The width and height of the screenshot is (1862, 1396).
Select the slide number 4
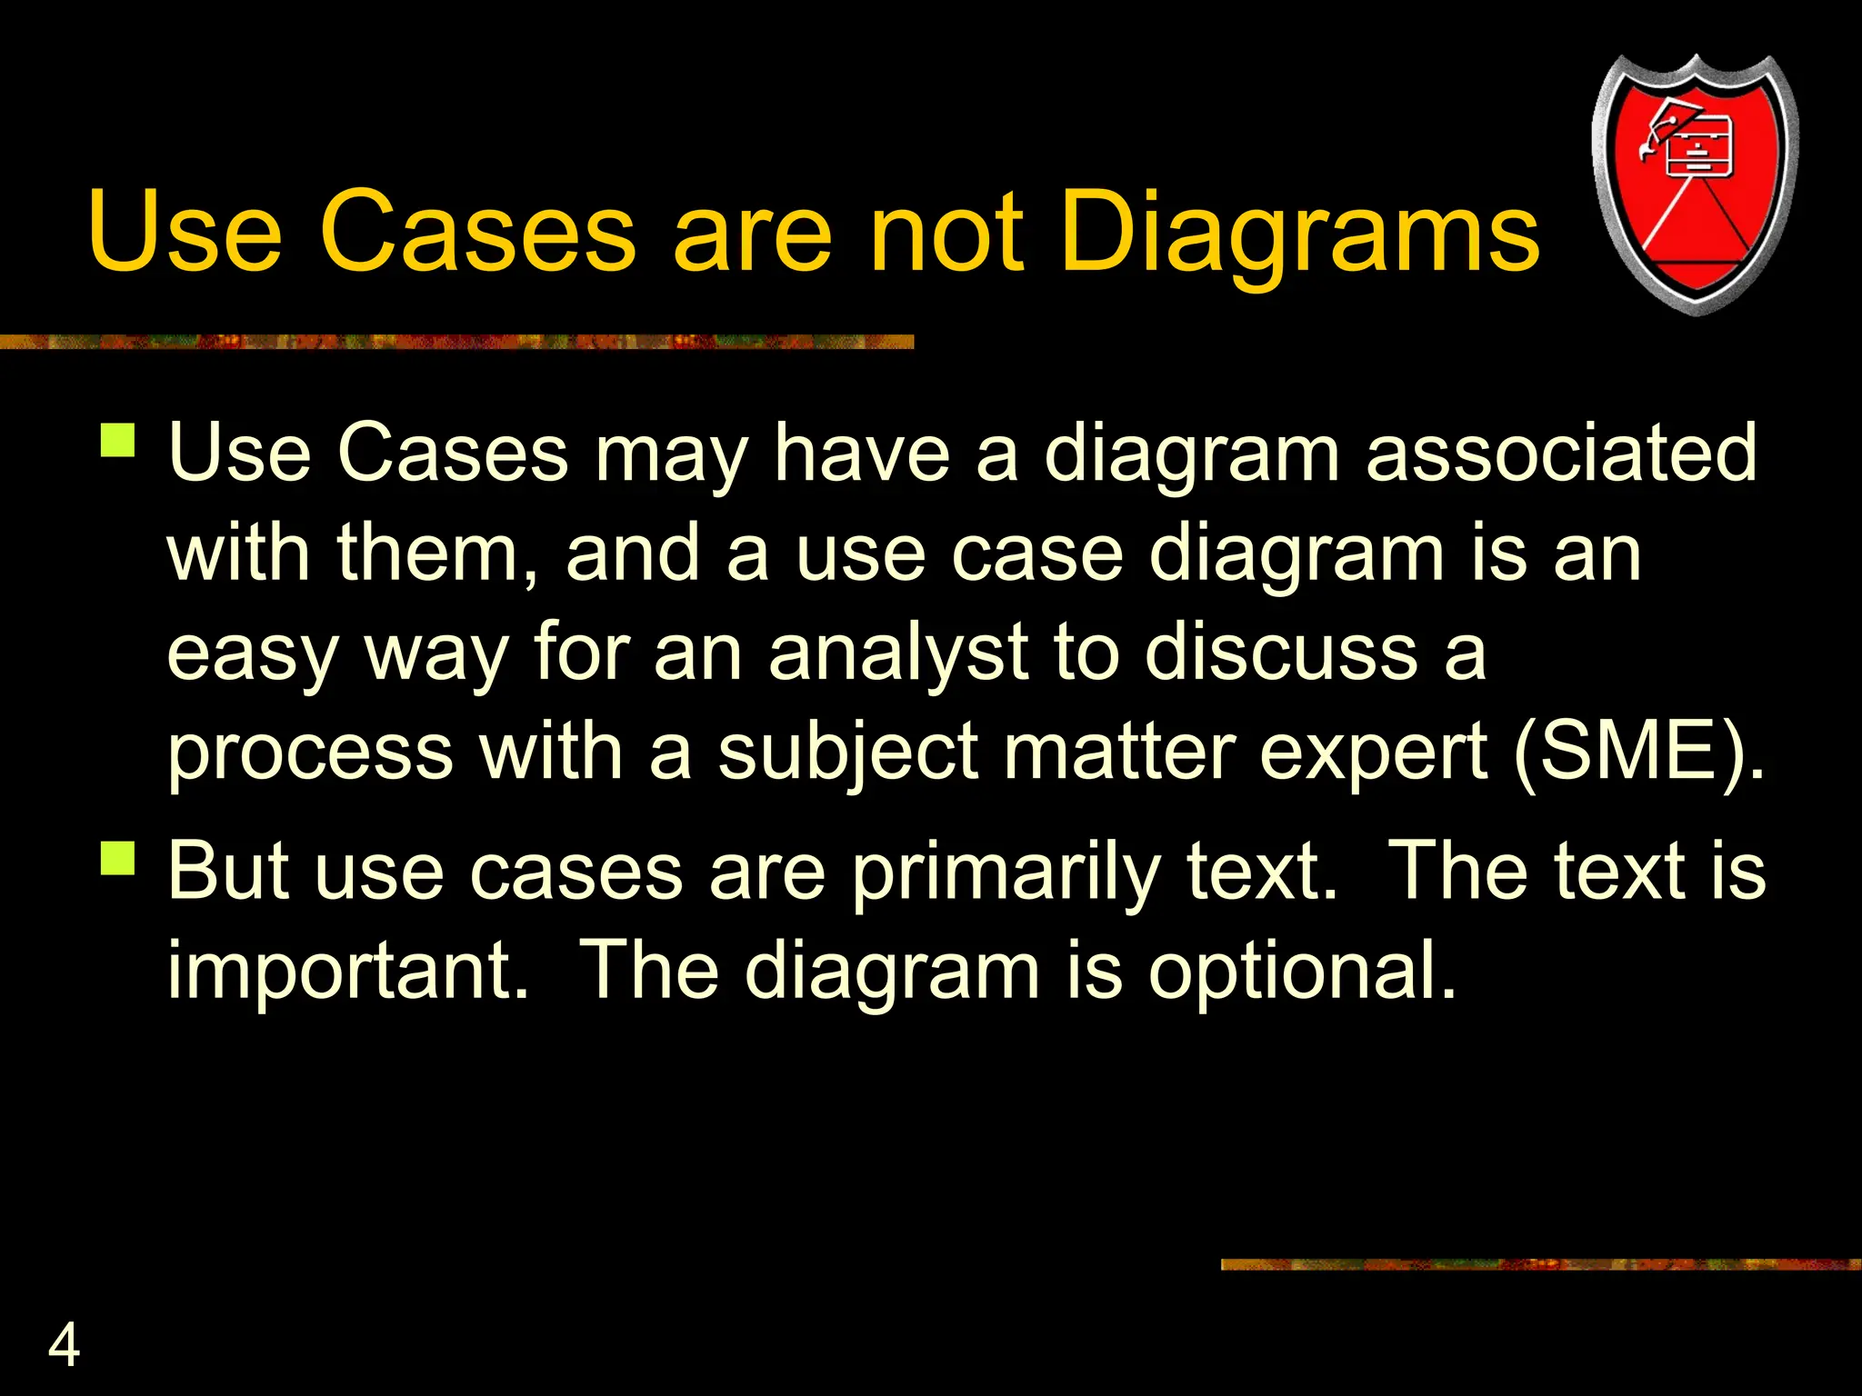click(x=64, y=1345)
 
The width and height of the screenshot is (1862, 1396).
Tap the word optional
click(x=1302, y=971)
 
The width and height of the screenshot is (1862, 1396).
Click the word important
click(x=348, y=971)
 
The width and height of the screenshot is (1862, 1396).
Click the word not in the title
click(x=946, y=234)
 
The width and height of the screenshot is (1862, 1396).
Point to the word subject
click(x=848, y=753)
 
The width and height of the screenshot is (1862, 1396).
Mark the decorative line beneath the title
click(x=455, y=342)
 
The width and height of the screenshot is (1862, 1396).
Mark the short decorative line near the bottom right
click(x=1540, y=1264)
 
